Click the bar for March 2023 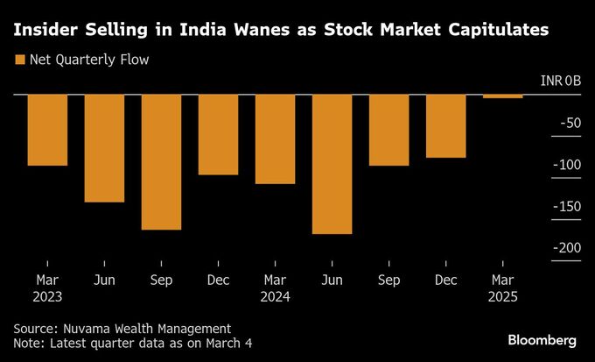[47, 130]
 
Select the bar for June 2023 [104, 148]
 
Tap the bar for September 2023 [161, 162]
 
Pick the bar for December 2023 [218, 135]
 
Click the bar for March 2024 [275, 139]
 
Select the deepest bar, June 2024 [332, 164]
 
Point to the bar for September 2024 [388, 130]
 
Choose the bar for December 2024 [445, 126]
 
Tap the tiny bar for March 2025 [502, 96]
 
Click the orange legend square [19, 60]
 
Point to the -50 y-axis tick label [569, 124]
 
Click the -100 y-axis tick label [566, 165]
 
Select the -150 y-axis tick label [566, 206]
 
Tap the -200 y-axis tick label [566, 247]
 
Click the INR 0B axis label [560, 82]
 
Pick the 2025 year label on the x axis [502, 296]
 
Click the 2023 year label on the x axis [47, 296]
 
